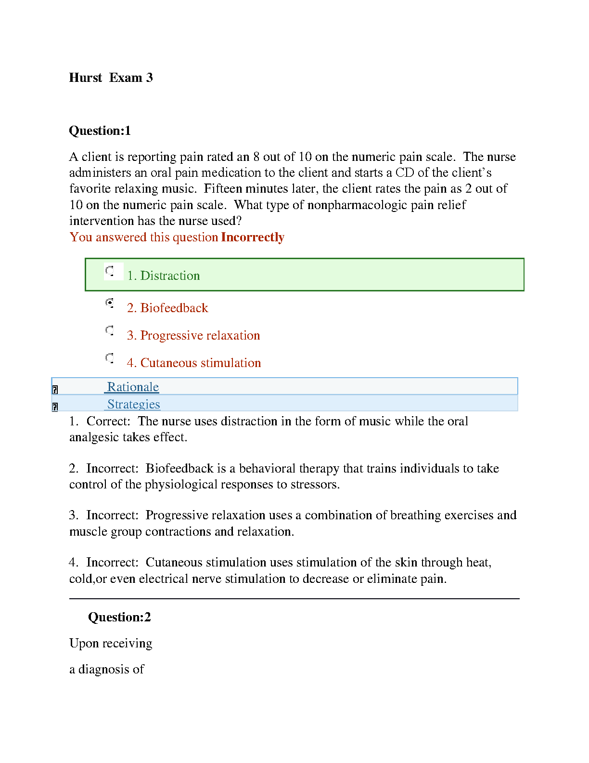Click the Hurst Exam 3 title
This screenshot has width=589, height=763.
click(111, 78)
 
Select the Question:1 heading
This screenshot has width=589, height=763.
click(100, 131)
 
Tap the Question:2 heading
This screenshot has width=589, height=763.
click(119, 618)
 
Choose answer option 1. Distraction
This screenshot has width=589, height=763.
click(163, 276)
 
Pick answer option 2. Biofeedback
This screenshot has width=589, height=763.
click(167, 308)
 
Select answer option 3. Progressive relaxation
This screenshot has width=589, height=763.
click(193, 335)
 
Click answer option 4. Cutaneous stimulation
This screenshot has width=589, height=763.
click(193, 363)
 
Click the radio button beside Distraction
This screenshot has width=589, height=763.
click(110, 271)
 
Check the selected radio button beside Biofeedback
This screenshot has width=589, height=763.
click(110, 303)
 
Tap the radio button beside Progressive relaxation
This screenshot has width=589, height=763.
click(110, 330)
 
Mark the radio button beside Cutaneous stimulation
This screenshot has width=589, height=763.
click(110, 358)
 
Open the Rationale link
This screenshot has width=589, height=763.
click(133, 387)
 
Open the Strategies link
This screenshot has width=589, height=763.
click(133, 404)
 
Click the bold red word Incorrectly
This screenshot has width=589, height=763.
click(253, 237)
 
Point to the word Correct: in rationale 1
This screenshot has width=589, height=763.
click(108, 421)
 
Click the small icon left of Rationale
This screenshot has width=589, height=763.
click(55, 390)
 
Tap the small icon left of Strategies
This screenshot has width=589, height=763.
click(55, 407)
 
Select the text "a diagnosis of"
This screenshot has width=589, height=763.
click(106, 670)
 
